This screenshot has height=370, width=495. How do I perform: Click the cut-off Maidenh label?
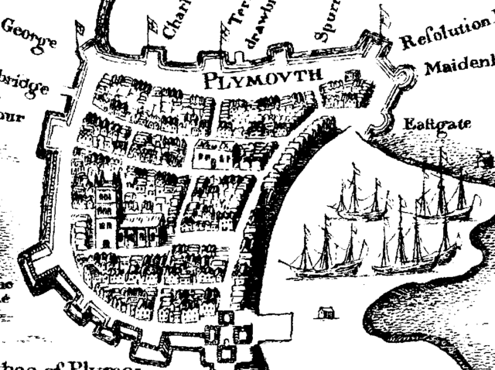click(x=458, y=67)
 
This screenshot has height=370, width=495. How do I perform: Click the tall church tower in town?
click(x=104, y=207)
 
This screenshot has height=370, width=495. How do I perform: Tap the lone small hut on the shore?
click(x=326, y=312)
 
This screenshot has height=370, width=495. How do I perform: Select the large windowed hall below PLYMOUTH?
click(x=214, y=154)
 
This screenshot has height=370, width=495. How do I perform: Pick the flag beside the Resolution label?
click(x=384, y=15)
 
